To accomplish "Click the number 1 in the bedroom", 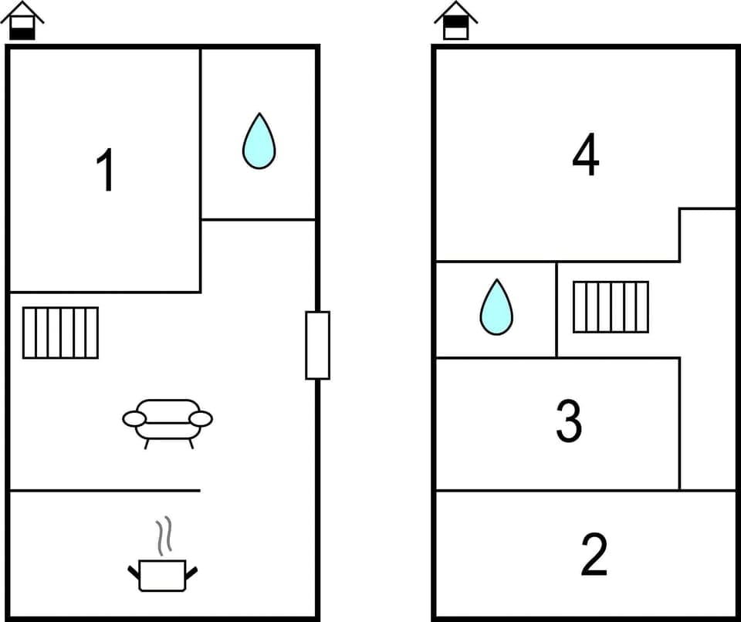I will [106, 171].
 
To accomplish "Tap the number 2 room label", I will [594, 555].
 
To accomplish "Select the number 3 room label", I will [569, 421].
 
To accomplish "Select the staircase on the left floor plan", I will [60, 333].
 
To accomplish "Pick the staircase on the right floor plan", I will [611, 307].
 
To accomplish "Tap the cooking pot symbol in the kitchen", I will [162, 575].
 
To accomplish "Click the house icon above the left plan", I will [22, 21].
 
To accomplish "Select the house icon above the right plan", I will [455, 21].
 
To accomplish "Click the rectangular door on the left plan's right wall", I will [317, 345].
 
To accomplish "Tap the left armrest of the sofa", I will [134, 418].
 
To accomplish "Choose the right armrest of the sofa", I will [201, 418].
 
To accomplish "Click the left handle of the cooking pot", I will [133, 572].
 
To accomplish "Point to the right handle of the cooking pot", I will [191, 572].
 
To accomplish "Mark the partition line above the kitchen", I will [104, 490].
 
